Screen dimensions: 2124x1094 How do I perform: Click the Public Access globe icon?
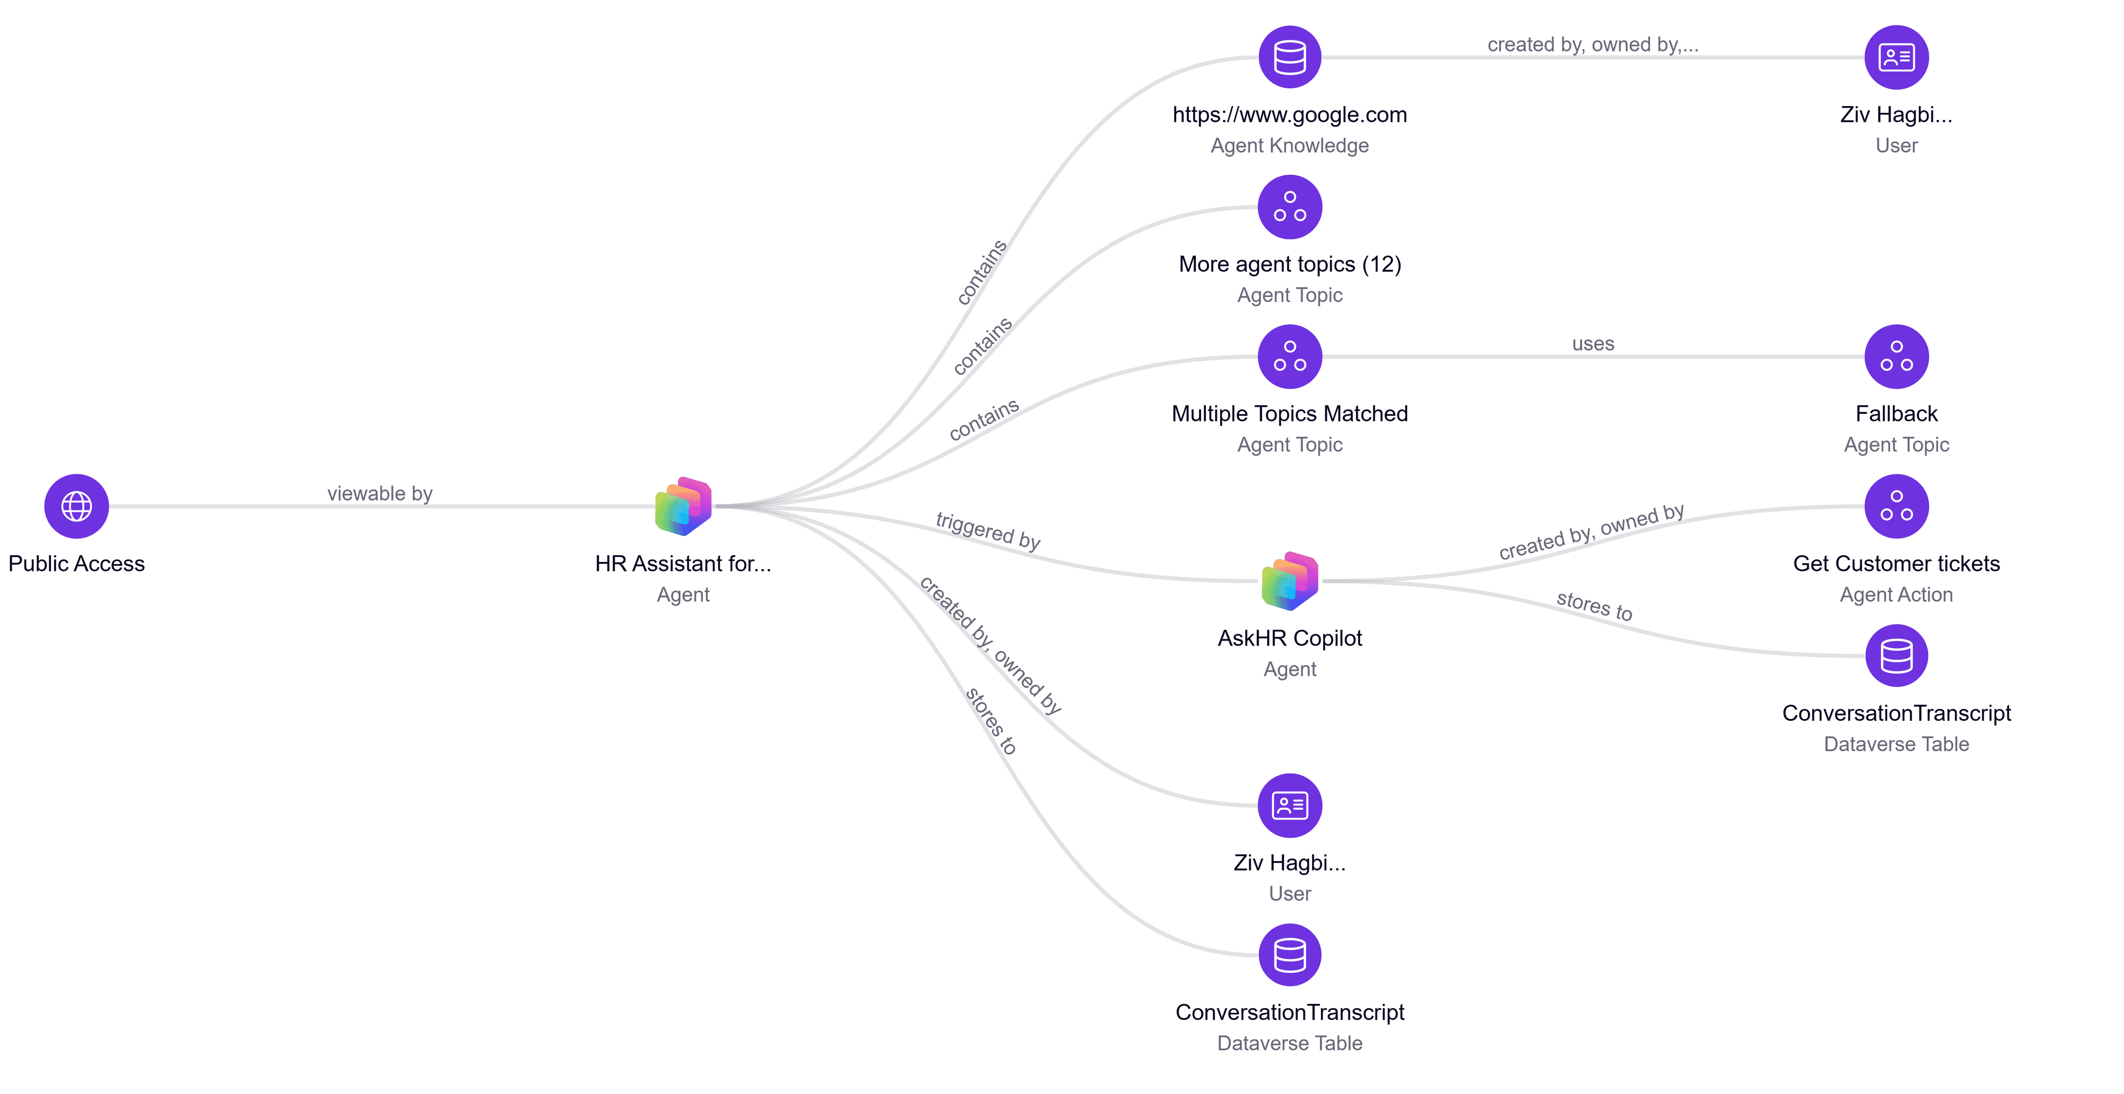(x=77, y=506)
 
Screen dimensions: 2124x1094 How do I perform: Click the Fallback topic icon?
(x=1897, y=356)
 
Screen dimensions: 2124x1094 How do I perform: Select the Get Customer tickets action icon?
(x=1897, y=506)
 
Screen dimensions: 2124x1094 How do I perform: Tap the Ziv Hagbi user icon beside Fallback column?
(x=1897, y=57)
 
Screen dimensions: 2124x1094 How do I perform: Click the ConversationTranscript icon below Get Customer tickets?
(x=1897, y=655)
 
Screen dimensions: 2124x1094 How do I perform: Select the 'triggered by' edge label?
(x=988, y=530)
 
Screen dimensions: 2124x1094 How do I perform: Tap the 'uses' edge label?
(x=1593, y=344)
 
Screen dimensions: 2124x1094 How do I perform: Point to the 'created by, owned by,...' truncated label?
(x=1593, y=44)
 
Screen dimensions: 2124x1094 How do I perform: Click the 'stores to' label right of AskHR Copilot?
(x=1594, y=606)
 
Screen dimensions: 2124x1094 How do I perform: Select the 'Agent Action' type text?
(x=1897, y=595)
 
